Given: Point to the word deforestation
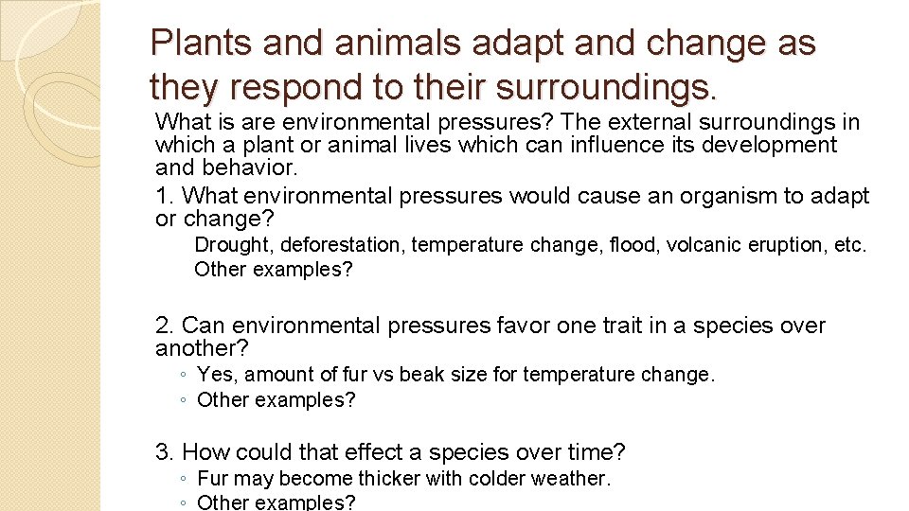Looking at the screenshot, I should [x=343, y=245].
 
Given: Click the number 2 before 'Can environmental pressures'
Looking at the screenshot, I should [x=164, y=326].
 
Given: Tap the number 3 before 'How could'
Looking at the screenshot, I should [x=164, y=452].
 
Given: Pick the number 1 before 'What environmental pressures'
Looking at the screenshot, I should [x=163, y=196].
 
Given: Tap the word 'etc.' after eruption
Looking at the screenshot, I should [x=849, y=245].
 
